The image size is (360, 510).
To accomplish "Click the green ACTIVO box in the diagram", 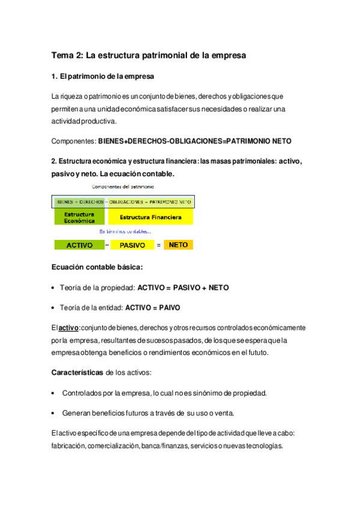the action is point(79,245).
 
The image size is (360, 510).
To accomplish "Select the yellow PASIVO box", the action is point(132,245).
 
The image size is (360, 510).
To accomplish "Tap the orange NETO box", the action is point(178,245).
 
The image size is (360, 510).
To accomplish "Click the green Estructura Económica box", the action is point(79,217).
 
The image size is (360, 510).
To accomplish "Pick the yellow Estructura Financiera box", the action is point(151,217).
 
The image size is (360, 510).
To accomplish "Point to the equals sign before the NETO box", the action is point(159,245).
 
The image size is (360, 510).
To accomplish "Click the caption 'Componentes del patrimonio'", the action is point(121,188).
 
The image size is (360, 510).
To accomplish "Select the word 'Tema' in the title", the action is point(63,56).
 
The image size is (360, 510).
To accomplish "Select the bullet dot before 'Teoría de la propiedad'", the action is point(54,288).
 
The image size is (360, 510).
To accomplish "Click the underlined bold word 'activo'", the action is point(69,328).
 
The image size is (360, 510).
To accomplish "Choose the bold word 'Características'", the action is point(78,373).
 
